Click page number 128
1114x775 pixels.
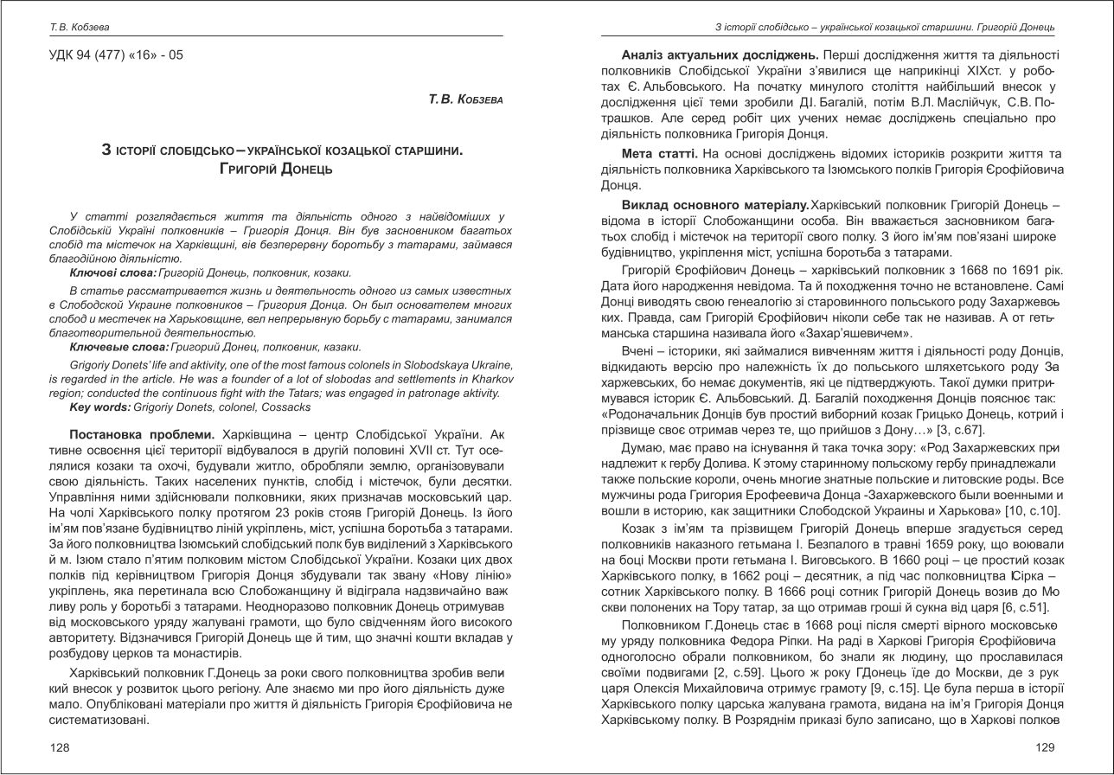[60, 747]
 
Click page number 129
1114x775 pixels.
[1045, 747]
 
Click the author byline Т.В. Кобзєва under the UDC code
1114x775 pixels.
[465, 100]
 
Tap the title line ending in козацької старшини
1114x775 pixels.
[282, 151]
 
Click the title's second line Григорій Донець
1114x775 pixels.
[276, 168]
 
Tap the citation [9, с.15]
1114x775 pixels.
[848, 674]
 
